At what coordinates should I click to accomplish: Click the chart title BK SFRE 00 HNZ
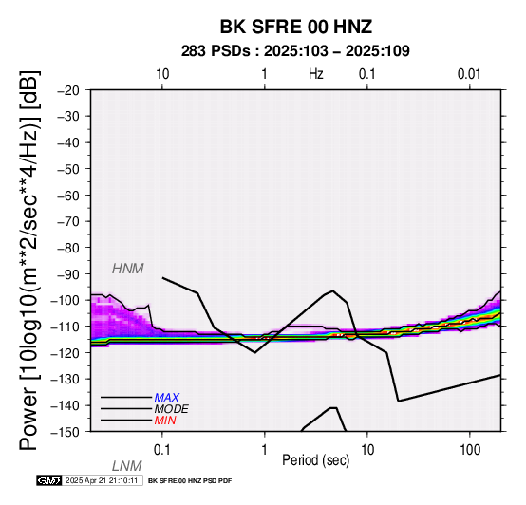[296, 27]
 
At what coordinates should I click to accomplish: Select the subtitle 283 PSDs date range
[295, 51]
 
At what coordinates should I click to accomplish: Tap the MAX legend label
[167, 398]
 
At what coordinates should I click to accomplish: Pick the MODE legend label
[172, 409]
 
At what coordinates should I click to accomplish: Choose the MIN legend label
[165, 421]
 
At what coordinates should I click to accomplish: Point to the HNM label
[128, 269]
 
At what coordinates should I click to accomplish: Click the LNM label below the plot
[127, 466]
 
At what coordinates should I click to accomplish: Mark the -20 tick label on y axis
[68, 90]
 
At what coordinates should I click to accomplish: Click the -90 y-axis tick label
[68, 274]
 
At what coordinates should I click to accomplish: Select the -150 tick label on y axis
[66, 432]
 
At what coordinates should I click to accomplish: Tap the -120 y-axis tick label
[66, 353]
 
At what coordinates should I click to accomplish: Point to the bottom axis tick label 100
[470, 450]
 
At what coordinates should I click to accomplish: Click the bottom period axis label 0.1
[162, 450]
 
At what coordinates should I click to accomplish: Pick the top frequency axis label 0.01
[469, 74]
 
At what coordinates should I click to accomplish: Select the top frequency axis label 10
[162, 74]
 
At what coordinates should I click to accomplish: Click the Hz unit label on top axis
[316, 74]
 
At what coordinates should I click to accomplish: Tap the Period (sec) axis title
[315, 460]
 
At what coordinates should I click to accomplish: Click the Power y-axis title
[29, 260]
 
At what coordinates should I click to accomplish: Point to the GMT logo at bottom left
[49, 480]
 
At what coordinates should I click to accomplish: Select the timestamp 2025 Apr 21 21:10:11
[102, 480]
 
